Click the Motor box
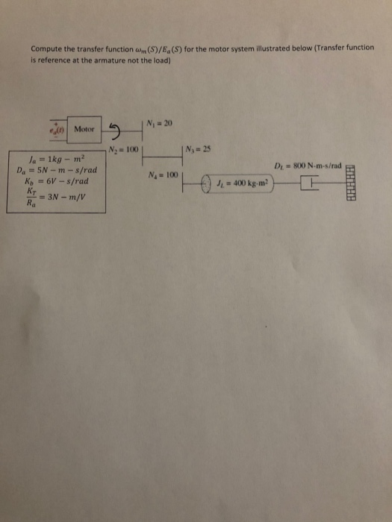pyautogui.click(x=84, y=129)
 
